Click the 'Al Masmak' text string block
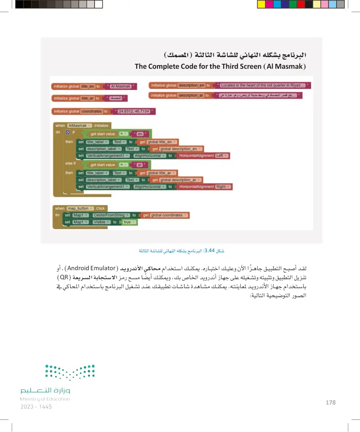click(x=120, y=86)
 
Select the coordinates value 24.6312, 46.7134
click(x=134, y=111)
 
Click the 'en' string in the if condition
click(x=140, y=134)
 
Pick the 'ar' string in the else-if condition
click(x=140, y=165)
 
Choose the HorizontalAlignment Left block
click(x=203, y=156)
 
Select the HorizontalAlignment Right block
click(x=205, y=187)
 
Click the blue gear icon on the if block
click(x=67, y=133)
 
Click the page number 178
click(x=330, y=402)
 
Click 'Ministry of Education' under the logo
click(x=45, y=399)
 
